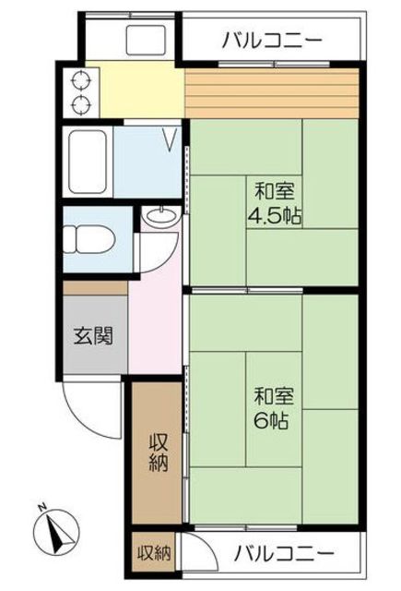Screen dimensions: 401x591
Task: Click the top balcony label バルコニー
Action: coord(272,40)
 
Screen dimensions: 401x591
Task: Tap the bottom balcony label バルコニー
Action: coord(284,554)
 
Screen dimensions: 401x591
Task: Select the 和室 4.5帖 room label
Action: coord(274,204)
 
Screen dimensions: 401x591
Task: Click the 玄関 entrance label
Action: coord(93,335)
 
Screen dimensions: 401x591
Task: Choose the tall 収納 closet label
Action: coord(158,452)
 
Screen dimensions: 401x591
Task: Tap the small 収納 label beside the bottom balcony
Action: coord(154,553)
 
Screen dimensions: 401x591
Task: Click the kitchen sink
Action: coord(146,41)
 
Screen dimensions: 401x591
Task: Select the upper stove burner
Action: coord(81,80)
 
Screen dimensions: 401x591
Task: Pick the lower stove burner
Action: coord(81,104)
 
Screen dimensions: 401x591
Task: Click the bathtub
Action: coord(88,162)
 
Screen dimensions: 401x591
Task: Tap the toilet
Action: coord(89,239)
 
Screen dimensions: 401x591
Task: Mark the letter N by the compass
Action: coord(43,507)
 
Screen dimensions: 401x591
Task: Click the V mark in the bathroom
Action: coord(170,139)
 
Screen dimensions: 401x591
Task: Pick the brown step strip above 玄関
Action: coord(95,288)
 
